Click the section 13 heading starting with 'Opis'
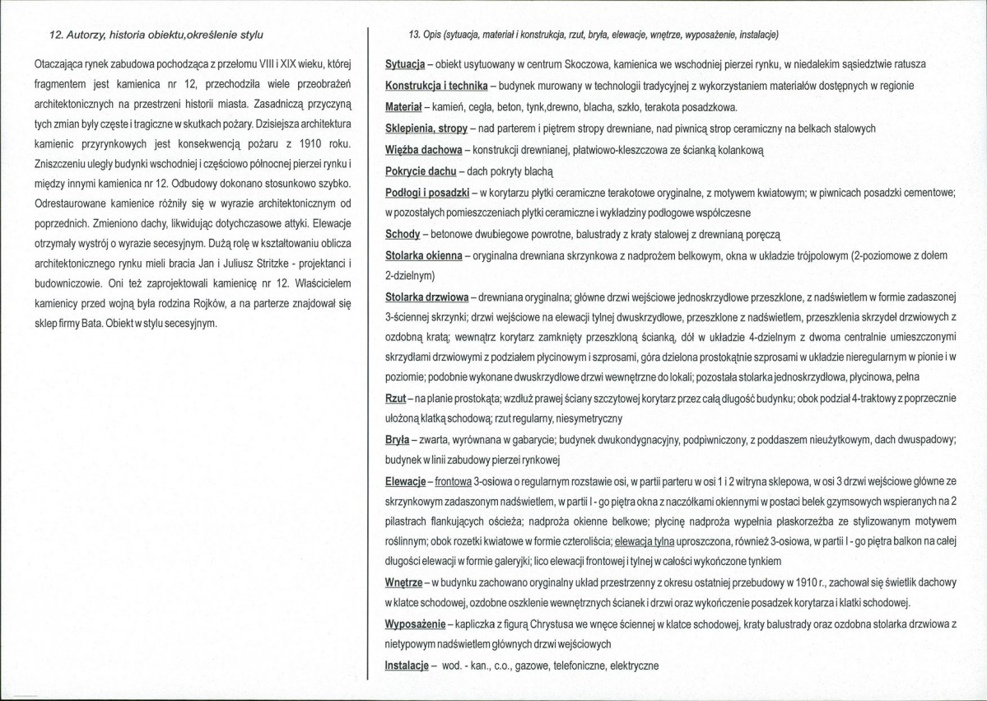tap(594, 35)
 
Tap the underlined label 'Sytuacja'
tap(404, 64)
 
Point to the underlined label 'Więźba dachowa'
tap(423, 150)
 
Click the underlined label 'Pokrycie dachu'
tap(420, 171)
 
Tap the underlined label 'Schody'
tap(403, 235)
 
